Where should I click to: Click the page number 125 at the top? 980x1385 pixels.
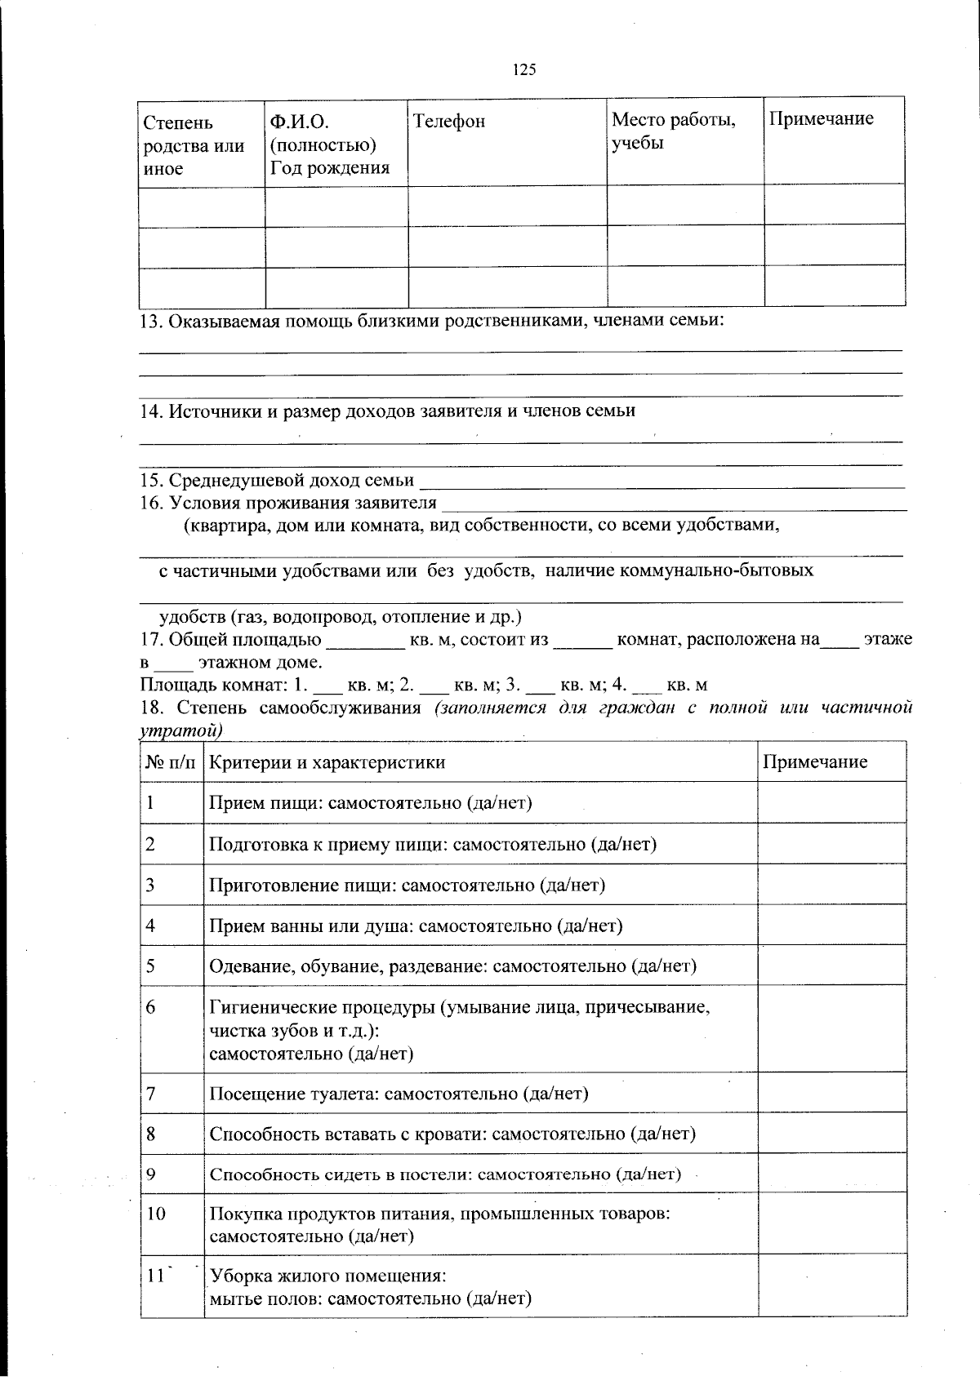[523, 70]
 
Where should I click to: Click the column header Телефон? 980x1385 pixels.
[449, 122]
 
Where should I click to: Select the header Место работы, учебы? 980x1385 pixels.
[674, 131]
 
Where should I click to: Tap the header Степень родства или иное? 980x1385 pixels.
[194, 145]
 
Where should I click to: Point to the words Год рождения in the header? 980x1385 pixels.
[330, 168]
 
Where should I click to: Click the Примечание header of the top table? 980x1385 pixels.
[821, 118]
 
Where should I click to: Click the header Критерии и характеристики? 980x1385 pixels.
[327, 762]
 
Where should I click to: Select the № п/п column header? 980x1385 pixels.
[171, 762]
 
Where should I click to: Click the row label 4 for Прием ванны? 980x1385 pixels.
[151, 925]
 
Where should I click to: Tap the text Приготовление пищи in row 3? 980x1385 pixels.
[303, 885]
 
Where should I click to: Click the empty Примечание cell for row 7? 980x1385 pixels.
[831, 1093]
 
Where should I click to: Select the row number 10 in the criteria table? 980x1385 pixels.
[156, 1214]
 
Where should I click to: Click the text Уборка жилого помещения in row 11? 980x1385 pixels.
[327, 1276]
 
